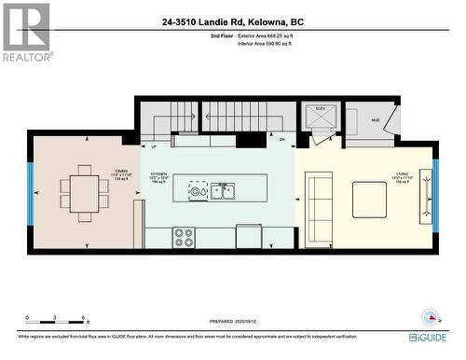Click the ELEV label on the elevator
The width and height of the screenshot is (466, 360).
pyautogui.click(x=321, y=109)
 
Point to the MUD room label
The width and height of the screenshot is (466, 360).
pyautogui.click(x=376, y=120)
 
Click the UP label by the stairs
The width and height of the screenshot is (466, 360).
pyautogui.click(x=154, y=146)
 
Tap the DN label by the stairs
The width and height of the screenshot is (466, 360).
pyautogui.click(x=281, y=139)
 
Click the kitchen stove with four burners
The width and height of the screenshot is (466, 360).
pyautogui.click(x=184, y=238)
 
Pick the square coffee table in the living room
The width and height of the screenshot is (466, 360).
pyautogui.click(x=369, y=199)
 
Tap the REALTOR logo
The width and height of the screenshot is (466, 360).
pyautogui.click(x=25, y=32)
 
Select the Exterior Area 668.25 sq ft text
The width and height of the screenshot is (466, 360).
pyautogui.click(x=271, y=35)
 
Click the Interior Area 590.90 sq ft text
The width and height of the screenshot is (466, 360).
pyautogui.click(x=271, y=43)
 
